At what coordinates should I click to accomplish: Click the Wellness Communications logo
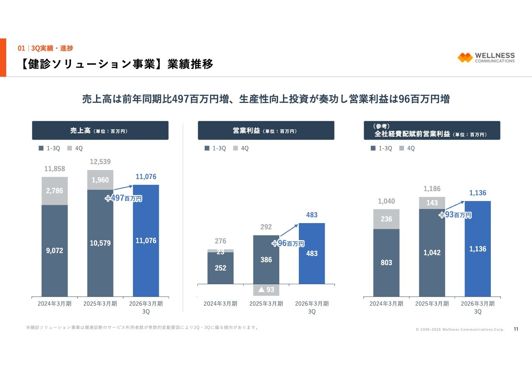click(x=486, y=57)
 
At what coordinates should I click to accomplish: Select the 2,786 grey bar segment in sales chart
click(x=54, y=191)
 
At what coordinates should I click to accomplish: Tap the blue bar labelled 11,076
click(x=146, y=240)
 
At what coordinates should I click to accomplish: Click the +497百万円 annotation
click(x=123, y=198)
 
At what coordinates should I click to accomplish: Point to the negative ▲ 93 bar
click(x=266, y=290)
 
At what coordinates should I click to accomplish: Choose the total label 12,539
click(x=100, y=162)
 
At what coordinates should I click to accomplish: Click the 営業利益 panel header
click(x=266, y=130)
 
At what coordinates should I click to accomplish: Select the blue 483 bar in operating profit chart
click(x=312, y=253)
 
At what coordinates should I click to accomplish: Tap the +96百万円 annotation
click(x=288, y=243)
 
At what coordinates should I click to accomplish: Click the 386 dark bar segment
click(x=266, y=260)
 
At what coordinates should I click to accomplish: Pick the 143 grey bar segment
click(x=432, y=203)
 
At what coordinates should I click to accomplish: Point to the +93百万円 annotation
click(x=456, y=215)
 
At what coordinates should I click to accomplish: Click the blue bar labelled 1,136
click(x=478, y=248)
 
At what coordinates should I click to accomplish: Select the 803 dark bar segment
click(x=386, y=263)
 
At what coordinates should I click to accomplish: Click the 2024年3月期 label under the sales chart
click(x=54, y=304)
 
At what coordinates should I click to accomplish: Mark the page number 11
click(x=516, y=329)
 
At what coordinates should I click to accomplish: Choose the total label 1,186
click(x=432, y=189)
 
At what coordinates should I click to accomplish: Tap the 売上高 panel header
click(x=100, y=130)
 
